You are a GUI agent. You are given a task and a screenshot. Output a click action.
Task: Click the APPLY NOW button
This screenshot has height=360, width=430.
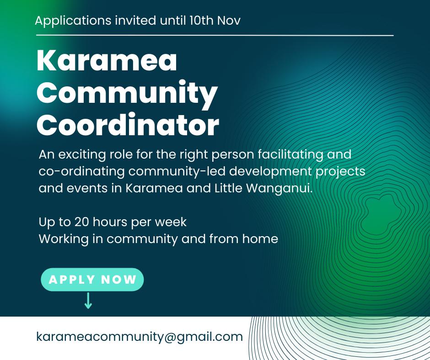click(x=92, y=280)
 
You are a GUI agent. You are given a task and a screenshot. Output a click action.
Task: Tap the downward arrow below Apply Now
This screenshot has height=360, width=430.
click(x=88, y=301)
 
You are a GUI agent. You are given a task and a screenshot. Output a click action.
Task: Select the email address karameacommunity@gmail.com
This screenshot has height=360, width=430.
click(x=140, y=337)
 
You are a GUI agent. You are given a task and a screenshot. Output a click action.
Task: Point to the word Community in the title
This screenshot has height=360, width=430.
click(x=127, y=93)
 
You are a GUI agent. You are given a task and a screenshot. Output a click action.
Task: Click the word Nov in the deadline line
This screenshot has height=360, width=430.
click(x=230, y=21)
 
